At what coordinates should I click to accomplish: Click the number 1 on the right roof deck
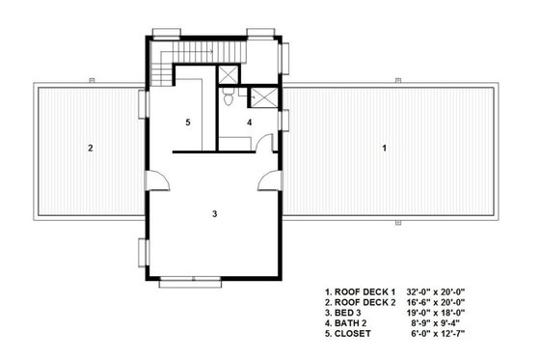[384, 149]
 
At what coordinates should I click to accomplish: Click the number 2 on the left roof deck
[90, 149]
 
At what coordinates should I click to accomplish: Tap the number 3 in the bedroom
[214, 213]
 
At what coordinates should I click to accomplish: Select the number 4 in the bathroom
[248, 123]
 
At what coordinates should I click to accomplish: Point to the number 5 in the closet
[189, 123]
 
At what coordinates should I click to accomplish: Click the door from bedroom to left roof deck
[152, 179]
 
